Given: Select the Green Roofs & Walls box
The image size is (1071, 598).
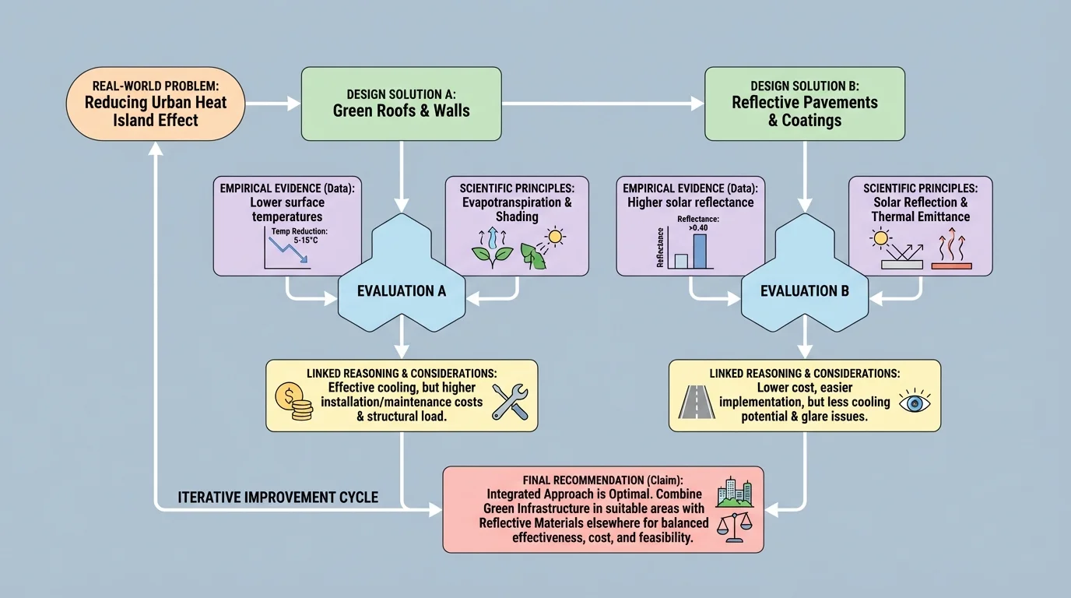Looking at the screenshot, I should pos(401,104).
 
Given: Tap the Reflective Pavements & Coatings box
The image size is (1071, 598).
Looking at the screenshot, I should pos(804,104).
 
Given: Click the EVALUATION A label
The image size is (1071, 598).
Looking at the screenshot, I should pos(402,291).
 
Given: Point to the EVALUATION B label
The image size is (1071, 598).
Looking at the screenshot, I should pos(805,291).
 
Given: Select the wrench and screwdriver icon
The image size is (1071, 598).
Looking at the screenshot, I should pos(510,403).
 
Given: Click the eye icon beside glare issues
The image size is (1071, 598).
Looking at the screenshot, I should pos(914,403).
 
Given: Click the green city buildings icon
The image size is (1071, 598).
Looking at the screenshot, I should pos(734,492).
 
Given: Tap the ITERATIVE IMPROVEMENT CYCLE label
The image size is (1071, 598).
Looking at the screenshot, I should pos(278,497).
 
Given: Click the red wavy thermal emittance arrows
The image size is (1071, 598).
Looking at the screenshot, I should pos(951,248).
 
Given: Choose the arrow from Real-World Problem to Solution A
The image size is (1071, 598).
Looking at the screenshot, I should pos(273,103).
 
